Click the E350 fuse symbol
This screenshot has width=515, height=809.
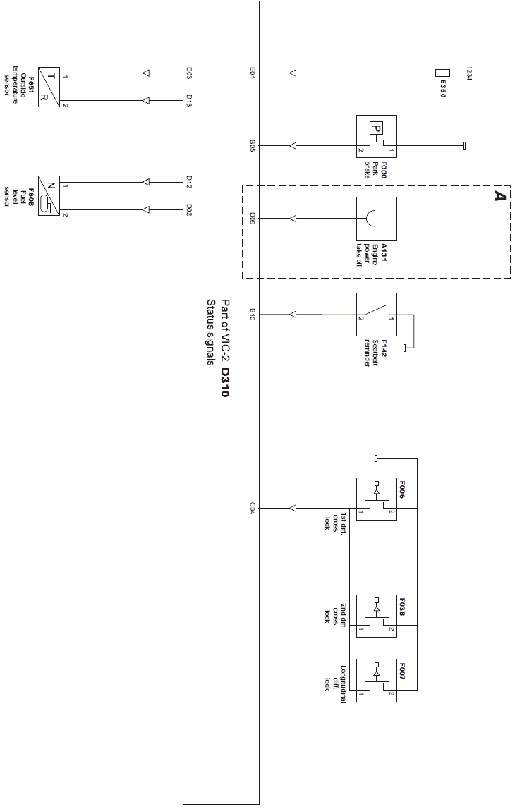442,73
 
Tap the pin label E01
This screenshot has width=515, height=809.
253,73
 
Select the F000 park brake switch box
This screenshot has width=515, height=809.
376,136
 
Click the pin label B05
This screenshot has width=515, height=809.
253,145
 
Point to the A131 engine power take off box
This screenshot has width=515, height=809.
376,218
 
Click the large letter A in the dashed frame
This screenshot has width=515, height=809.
499,195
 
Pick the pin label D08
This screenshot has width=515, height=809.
253,218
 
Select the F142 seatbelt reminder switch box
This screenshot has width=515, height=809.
376,315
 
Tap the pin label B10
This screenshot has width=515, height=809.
253,314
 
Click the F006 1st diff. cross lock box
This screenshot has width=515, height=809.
376,499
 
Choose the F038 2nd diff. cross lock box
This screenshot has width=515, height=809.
376,616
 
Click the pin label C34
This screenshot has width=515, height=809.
253,509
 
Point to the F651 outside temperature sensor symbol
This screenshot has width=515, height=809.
49,87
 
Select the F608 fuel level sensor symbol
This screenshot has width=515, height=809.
49,195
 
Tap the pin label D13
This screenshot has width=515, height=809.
189,101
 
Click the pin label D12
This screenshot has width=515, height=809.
189,181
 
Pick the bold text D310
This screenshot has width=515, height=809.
224,382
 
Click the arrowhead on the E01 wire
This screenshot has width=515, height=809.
293,73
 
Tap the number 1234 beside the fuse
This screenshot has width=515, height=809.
469,73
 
